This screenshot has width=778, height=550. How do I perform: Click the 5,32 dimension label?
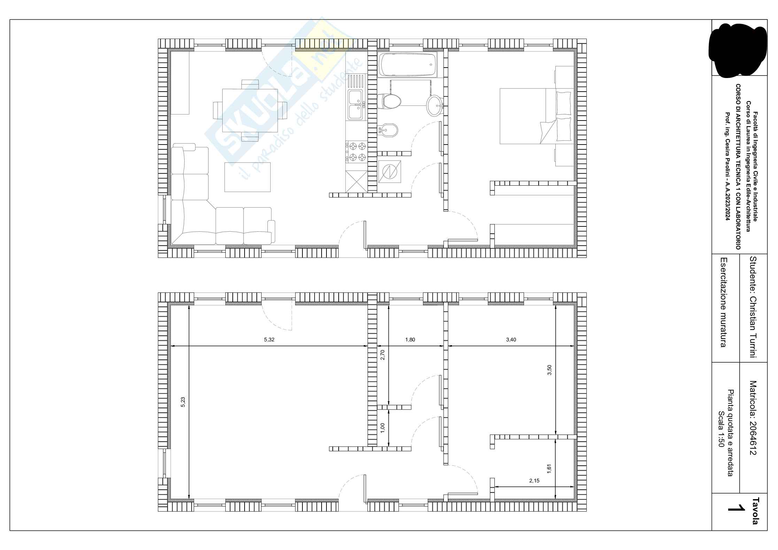coord(269,340)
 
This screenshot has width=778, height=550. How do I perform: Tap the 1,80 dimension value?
coord(410,340)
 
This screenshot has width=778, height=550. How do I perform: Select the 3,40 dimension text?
coord(511,340)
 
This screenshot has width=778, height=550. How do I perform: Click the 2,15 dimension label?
coord(534,481)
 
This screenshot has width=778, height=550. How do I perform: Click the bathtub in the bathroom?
coord(407,65)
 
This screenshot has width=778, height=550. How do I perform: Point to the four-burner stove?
coord(356,152)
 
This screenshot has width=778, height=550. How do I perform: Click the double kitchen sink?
coord(356,104)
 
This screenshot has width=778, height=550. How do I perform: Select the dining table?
coord(250,110)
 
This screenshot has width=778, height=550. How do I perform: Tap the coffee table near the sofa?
coord(247,177)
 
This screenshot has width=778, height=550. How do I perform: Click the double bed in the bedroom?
coord(537,116)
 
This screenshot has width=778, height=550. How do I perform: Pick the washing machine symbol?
coord(390,172)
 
